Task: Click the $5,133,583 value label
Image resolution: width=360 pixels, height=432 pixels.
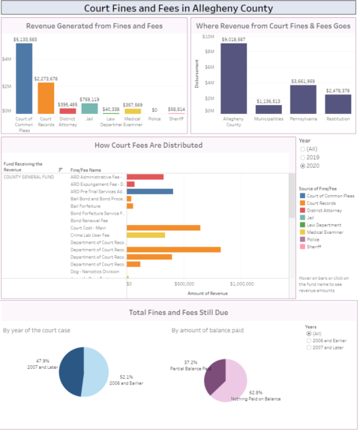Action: point(24,39)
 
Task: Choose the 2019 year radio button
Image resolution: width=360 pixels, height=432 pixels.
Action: point(302,157)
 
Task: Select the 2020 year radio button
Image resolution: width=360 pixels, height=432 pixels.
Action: point(302,166)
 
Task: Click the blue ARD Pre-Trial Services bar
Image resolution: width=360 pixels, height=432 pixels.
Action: point(150,191)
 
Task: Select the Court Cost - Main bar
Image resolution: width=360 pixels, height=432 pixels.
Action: point(163,227)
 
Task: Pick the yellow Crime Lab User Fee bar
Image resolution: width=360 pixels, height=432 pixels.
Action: point(145,235)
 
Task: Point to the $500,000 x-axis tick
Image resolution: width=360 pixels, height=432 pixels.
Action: point(184,284)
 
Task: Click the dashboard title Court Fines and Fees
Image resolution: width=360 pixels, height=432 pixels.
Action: point(179,9)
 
